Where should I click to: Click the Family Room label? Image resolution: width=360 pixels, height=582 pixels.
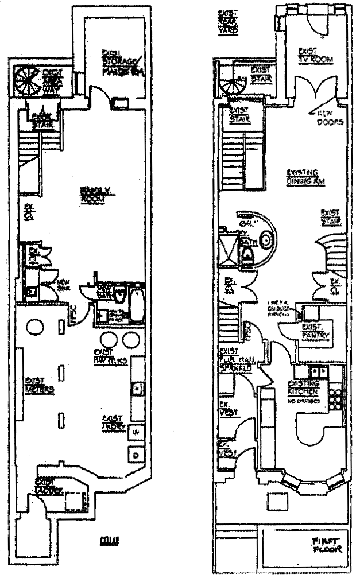click(91, 193)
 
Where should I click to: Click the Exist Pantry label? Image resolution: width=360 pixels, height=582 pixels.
click(313, 331)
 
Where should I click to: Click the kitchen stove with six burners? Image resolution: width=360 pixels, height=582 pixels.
click(335, 394)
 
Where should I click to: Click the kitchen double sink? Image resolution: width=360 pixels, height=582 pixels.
click(319, 371)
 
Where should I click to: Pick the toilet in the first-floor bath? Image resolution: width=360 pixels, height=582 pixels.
click(248, 259)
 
